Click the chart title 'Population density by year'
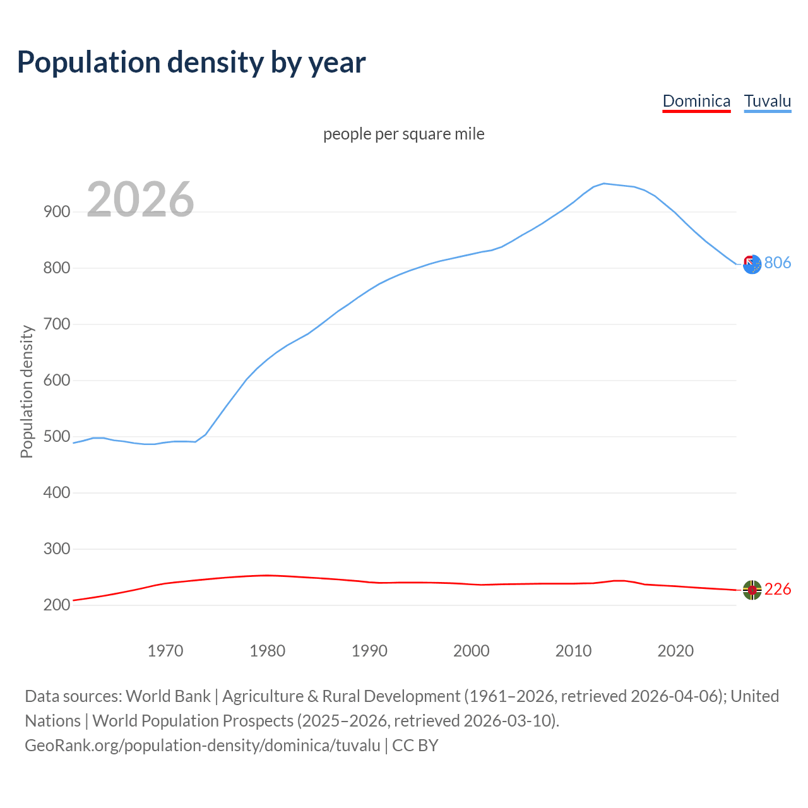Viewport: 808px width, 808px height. tap(191, 62)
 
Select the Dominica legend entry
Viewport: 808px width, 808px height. tap(696, 101)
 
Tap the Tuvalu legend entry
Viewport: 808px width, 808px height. tap(767, 101)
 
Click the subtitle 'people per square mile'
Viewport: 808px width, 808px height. tap(404, 134)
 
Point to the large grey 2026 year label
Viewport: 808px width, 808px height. tap(140, 199)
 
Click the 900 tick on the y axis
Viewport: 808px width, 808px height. tap(57, 212)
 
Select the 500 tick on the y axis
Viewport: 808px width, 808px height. tap(57, 437)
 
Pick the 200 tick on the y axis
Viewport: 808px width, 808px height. tap(57, 605)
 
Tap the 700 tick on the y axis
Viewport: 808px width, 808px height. tap(57, 324)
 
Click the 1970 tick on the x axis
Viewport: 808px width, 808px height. tap(165, 651)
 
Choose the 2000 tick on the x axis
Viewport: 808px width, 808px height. tap(472, 651)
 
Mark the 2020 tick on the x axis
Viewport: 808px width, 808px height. tap(675, 651)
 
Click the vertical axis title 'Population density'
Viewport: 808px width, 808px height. tap(27, 391)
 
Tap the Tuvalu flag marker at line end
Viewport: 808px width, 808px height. tap(752, 264)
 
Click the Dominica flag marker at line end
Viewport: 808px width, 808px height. tap(752, 590)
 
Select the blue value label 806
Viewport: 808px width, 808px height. tap(778, 263)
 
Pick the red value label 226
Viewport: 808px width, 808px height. tap(778, 590)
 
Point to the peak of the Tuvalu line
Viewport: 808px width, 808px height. tap(604, 184)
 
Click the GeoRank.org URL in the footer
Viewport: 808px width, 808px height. tap(203, 746)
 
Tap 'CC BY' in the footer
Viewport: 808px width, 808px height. tap(415, 746)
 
